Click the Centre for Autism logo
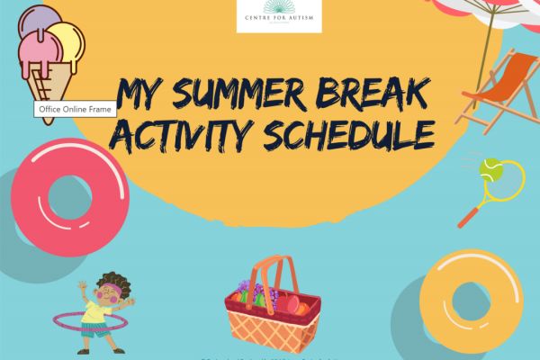point(278,16)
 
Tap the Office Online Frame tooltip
point(76,109)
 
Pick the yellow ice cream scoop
point(68,40)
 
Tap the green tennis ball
point(491,166)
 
